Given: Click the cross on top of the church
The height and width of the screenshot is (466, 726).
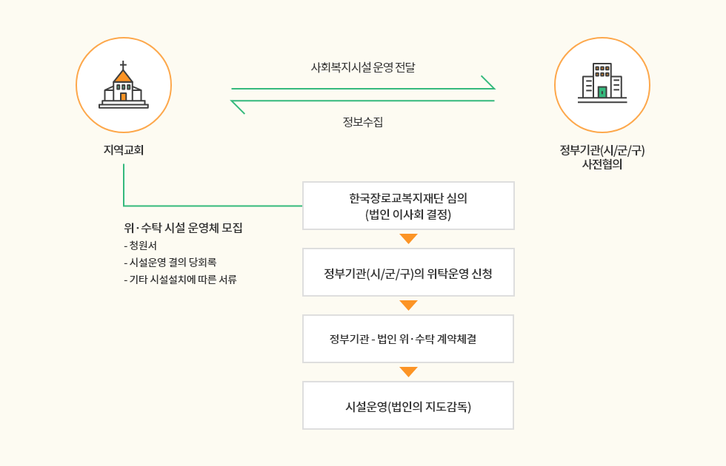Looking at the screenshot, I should click(x=123, y=65).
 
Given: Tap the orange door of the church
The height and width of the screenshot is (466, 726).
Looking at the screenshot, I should click(x=124, y=97).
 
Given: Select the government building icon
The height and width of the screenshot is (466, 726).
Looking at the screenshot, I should click(x=602, y=83).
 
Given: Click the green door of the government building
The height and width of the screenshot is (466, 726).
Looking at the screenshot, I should click(x=602, y=92).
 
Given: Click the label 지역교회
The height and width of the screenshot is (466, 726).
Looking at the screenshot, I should click(x=124, y=150).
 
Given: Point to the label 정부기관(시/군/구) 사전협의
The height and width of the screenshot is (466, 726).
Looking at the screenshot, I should click(x=602, y=158).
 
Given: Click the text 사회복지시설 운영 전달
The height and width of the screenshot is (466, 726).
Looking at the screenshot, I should click(x=363, y=67).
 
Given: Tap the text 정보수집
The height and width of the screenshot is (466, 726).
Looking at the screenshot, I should click(x=363, y=122).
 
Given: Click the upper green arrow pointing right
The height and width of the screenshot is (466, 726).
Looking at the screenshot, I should click(x=363, y=88).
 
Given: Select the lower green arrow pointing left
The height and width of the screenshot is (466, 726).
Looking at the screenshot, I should click(x=363, y=101).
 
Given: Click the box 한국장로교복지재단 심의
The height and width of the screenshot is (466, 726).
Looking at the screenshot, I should click(x=408, y=206).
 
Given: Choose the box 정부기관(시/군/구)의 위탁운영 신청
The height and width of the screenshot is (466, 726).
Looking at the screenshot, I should click(x=408, y=272).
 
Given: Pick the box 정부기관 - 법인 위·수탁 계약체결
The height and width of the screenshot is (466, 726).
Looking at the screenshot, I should click(x=408, y=339).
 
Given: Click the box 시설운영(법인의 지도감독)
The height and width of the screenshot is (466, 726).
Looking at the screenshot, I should click(x=408, y=405).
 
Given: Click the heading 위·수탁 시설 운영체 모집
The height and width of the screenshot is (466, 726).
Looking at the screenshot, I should click(x=184, y=228).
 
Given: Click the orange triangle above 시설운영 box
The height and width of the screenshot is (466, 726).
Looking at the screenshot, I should click(x=408, y=371).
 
